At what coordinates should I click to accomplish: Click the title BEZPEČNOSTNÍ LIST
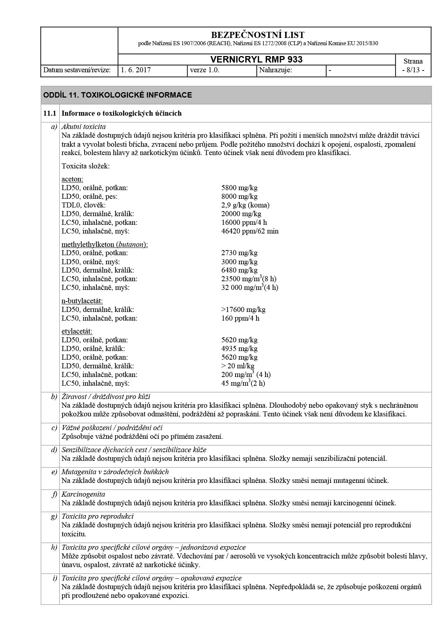258,35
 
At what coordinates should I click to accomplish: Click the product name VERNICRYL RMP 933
257,60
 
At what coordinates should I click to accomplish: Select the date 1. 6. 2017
136,70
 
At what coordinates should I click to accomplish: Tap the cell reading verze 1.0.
204,70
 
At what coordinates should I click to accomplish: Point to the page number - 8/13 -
413,70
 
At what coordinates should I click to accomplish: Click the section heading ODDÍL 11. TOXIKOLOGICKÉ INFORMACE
117,95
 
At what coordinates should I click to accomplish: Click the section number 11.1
50,113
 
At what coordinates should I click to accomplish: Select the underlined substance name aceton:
72,179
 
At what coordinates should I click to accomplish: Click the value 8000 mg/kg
239,197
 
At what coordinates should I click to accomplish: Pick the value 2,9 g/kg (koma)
245,205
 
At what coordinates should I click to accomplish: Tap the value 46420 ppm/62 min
250,231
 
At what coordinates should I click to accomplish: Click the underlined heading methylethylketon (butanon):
104,245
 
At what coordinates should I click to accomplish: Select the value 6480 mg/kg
239,270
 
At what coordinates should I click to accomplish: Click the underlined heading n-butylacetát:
82,301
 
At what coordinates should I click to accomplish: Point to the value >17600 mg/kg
243,309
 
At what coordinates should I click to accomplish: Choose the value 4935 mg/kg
239,349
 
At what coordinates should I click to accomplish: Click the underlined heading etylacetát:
77,331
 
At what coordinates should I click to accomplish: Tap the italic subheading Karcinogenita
83,494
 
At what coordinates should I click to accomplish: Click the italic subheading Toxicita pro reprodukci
98,516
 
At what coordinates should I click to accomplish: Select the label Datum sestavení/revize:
77,70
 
